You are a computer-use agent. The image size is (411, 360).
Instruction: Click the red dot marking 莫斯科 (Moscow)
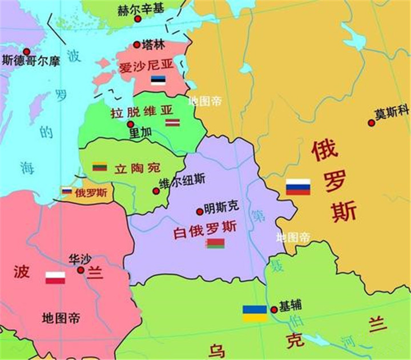coord(372,122)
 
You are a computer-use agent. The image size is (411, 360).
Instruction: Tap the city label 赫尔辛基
coord(140,10)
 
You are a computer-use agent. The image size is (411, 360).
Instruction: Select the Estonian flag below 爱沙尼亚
coord(158,81)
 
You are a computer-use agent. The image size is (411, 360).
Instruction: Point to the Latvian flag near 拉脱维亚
coord(173,122)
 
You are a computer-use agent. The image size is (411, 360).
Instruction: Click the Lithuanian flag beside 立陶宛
coord(100,167)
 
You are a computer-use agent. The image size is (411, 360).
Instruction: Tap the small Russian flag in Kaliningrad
coord(67,191)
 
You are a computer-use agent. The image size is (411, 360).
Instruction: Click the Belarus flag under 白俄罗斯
coord(215,243)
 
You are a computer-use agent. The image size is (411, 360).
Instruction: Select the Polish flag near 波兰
coord(55,278)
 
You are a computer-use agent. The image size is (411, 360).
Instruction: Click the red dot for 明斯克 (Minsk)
coord(199,211)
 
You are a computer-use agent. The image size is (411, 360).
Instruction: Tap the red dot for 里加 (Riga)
coord(131,124)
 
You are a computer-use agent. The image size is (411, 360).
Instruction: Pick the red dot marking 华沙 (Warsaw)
coord(80,270)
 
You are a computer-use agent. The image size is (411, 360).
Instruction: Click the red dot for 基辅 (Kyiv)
coord(274,310)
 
